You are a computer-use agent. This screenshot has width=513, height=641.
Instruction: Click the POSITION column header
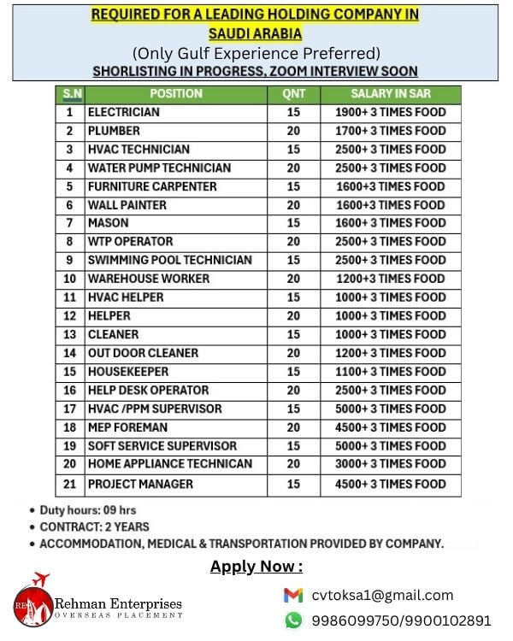175,93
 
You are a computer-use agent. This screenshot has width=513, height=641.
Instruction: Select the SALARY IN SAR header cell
391,93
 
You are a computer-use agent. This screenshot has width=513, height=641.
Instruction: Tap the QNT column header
293,93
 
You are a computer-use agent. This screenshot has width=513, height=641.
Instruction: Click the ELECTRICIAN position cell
124,112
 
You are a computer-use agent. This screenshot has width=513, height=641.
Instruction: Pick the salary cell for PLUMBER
391,131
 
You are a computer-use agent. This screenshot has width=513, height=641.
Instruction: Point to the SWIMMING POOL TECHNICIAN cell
169,260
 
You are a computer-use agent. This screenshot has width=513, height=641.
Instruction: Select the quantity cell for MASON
293,223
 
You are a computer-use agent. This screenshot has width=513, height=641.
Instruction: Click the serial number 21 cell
70,484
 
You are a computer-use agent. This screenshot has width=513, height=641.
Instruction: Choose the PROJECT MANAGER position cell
140,484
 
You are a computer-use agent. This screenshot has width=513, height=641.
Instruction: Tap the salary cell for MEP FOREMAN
391,427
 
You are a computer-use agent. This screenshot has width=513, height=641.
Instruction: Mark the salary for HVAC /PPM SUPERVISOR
391,409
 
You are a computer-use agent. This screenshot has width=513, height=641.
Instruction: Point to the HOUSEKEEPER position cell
128,372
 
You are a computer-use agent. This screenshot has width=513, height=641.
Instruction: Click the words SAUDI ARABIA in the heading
256,33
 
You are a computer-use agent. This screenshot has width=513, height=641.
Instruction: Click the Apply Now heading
256,567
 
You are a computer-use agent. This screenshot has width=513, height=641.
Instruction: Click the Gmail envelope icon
293,596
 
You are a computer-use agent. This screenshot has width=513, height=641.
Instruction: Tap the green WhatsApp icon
293,620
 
